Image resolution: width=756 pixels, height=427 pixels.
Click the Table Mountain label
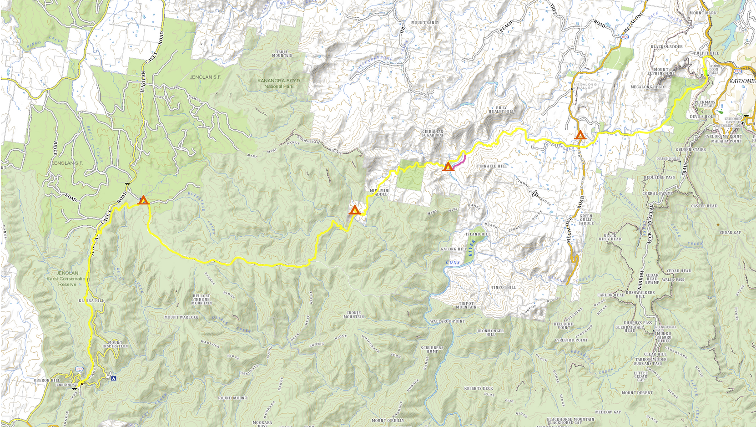[x=282, y=54]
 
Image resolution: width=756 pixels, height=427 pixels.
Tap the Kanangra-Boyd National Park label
[x=279, y=83]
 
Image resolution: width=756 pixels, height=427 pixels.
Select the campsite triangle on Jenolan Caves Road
[x=144, y=200]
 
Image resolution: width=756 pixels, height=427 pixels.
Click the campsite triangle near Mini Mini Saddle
[x=355, y=210]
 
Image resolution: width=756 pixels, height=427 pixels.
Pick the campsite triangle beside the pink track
[x=448, y=167]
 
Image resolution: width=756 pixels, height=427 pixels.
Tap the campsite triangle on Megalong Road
[x=580, y=135]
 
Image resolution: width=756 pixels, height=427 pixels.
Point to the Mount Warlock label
[x=181, y=317]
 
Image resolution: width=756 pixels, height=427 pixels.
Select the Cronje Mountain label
[x=353, y=315]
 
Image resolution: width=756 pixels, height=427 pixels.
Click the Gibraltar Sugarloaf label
[x=433, y=133]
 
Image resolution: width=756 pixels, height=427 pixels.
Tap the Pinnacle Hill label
[x=491, y=166]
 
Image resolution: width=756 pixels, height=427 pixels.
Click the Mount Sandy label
[x=425, y=23]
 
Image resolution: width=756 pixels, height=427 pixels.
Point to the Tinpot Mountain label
[x=466, y=305]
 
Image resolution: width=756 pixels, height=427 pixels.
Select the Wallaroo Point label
[x=447, y=321]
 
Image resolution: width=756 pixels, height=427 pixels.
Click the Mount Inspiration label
[x=115, y=344]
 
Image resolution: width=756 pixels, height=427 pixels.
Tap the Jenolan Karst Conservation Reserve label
[x=67, y=279]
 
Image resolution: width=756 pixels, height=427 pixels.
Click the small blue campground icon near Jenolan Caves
[x=113, y=378]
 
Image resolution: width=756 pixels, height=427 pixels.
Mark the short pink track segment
[x=460, y=161]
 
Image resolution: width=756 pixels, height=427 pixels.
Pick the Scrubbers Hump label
[x=432, y=350]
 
